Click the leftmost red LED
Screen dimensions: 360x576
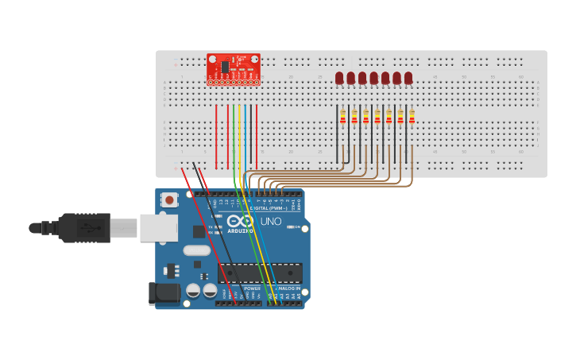point(339,78)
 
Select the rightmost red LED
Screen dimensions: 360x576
point(408,78)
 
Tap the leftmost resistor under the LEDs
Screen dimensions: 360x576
point(343,118)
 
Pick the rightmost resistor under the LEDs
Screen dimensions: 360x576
point(412,118)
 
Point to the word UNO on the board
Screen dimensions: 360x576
point(271,221)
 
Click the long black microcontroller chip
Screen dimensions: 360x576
point(260,273)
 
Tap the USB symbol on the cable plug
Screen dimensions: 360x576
point(88,227)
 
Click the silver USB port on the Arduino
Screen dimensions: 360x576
point(158,227)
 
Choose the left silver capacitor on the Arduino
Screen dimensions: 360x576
point(193,291)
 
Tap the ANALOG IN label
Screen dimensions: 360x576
point(287,288)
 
